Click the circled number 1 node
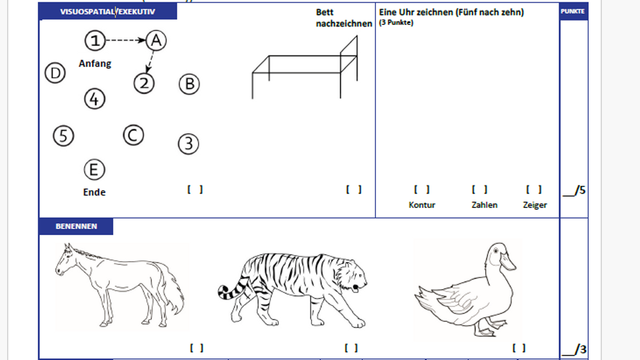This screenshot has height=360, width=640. click(94, 40)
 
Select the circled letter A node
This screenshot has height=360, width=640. click(155, 40)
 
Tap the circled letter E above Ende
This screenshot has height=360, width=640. click(94, 170)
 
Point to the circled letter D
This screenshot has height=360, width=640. click(54, 73)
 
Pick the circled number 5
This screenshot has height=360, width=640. click(63, 135)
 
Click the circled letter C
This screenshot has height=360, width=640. click(133, 135)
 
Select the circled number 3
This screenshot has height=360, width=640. click(188, 143)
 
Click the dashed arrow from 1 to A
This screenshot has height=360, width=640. click(125, 40)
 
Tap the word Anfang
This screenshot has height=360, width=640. click(95, 63)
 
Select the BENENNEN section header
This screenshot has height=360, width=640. click(76, 226)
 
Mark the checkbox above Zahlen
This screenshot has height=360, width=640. click(479, 189)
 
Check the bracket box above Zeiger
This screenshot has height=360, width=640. click(534, 189)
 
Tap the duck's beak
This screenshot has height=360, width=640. click(508, 262)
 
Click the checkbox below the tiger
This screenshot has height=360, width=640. click(351, 348)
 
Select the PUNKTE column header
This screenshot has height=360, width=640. click(573, 11)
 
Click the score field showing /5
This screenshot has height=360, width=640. click(574, 190)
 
